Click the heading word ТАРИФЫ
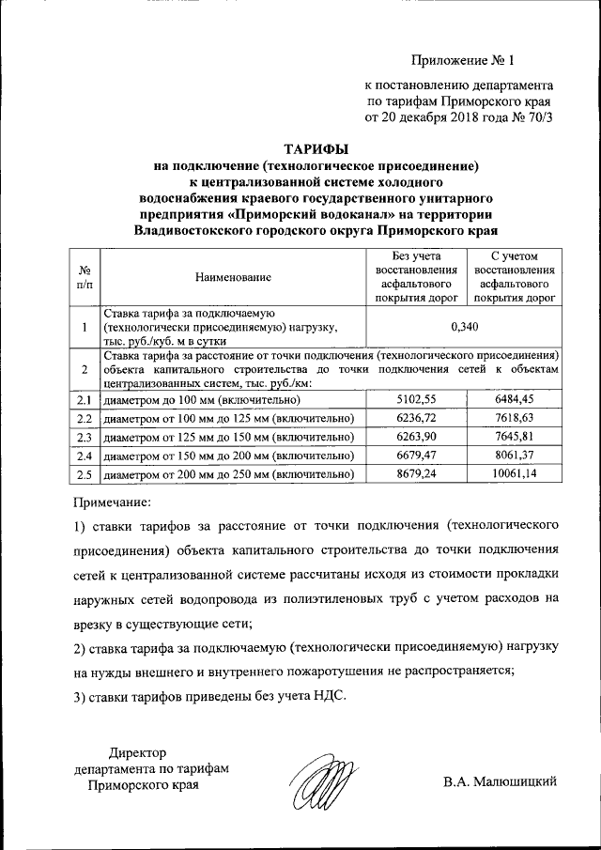316,148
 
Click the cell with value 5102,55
413,401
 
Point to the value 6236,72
413,419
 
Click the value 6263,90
413,437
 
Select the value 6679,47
413,456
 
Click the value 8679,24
413,474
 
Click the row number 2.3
85,437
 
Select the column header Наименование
233,277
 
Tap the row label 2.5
85,474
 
